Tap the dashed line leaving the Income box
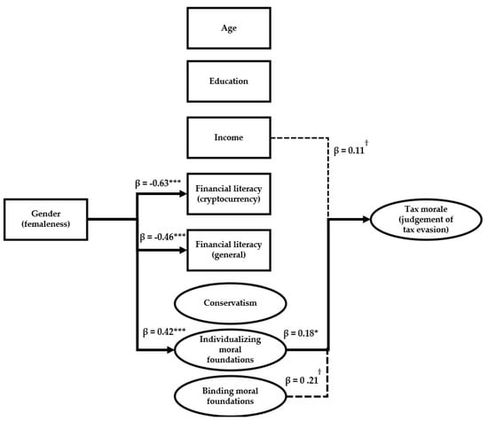point(302,136)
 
